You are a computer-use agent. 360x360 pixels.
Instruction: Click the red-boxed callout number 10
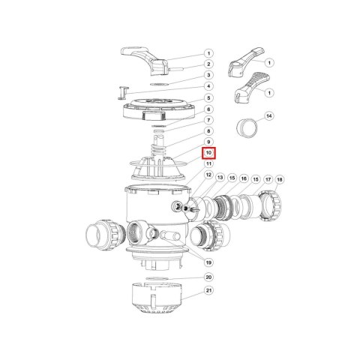(x=208, y=152)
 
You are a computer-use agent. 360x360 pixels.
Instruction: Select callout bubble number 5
(x=208, y=97)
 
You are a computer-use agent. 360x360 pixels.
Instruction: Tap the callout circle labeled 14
(x=269, y=116)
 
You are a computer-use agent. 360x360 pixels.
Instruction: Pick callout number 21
(x=208, y=290)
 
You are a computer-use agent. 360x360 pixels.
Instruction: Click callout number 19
(x=208, y=262)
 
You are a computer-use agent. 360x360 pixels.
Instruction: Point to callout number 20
(x=208, y=277)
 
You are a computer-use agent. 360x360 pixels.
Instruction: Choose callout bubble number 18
(x=280, y=179)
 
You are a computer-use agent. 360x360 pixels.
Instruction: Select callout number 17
(x=268, y=179)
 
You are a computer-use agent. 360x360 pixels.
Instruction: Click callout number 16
(x=244, y=178)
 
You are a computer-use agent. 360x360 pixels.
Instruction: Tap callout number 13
(x=220, y=178)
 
